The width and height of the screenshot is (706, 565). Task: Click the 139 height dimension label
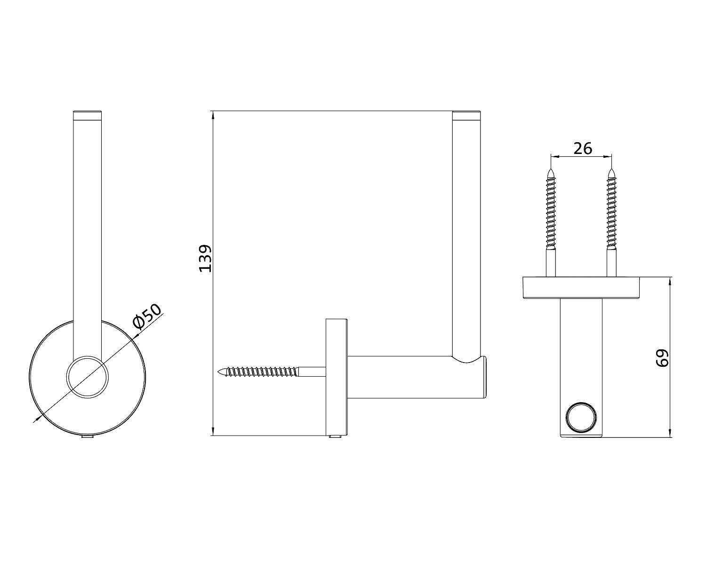click(205, 258)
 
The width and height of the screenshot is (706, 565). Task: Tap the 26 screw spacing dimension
click(583, 148)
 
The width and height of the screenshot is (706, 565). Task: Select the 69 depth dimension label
click(662, 358)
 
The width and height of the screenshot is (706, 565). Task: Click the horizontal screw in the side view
click(272, 371)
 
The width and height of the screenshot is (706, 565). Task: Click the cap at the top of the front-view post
click(87, 115)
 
